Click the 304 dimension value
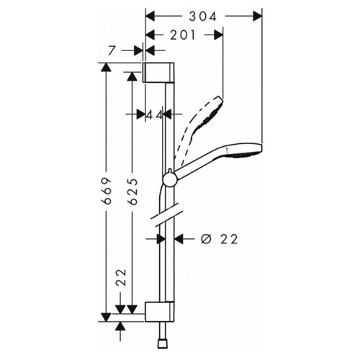[203, 17]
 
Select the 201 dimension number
[183, 35]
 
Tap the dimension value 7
[111, 50]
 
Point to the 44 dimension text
[154, 115]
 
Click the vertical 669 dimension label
[107, 191]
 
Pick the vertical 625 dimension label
[132, 192]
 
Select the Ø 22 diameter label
[220, 239]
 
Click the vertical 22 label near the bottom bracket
[121, 277]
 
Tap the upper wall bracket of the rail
[158, 72]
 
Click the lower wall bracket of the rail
[159, 312]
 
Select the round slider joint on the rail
[169, 179]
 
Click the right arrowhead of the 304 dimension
[257, 17]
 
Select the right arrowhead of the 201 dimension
[219, 35]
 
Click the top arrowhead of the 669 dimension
[106, 67]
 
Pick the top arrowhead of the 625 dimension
[132, 76]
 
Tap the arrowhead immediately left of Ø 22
[179, 239]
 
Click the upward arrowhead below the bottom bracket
[120, 326]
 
